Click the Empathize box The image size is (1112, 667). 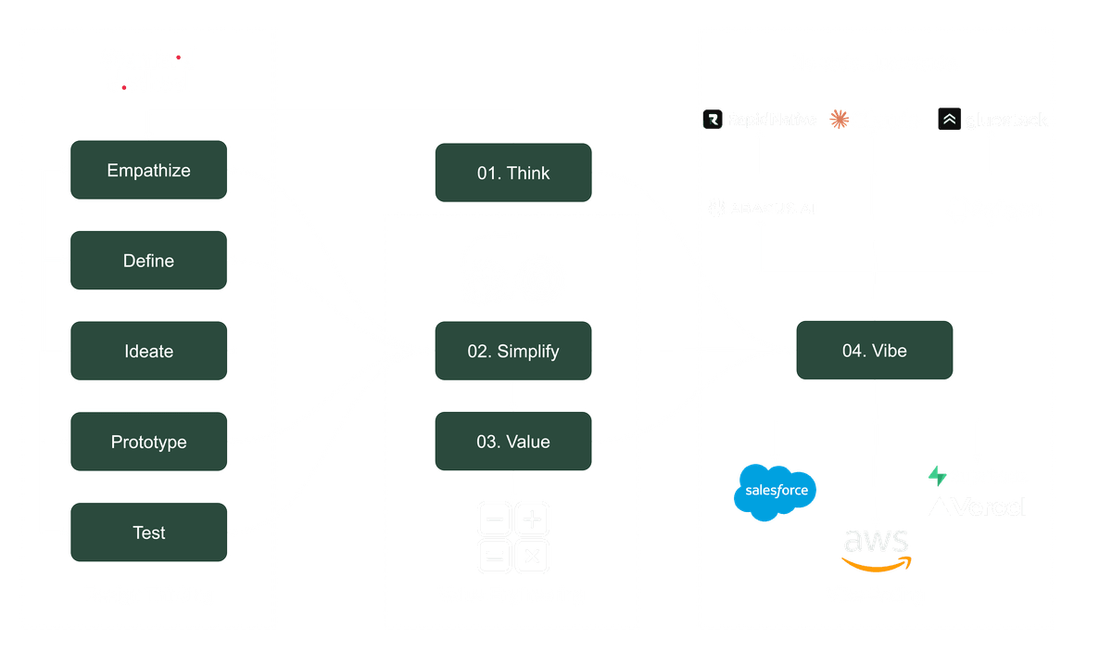[x=148, y=170]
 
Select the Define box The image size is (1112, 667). [x=148, y=261]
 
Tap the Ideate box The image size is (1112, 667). [x=148, y=352]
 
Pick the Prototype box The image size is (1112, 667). [x=148, y=442]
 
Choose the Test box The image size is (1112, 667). [x=148, y=532]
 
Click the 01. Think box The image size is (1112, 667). [x=513, y=173]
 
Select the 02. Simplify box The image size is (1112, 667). [x=513, y=352]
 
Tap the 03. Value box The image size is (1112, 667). [x=513, y=442]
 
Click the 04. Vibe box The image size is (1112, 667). [x=874, y=352]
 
